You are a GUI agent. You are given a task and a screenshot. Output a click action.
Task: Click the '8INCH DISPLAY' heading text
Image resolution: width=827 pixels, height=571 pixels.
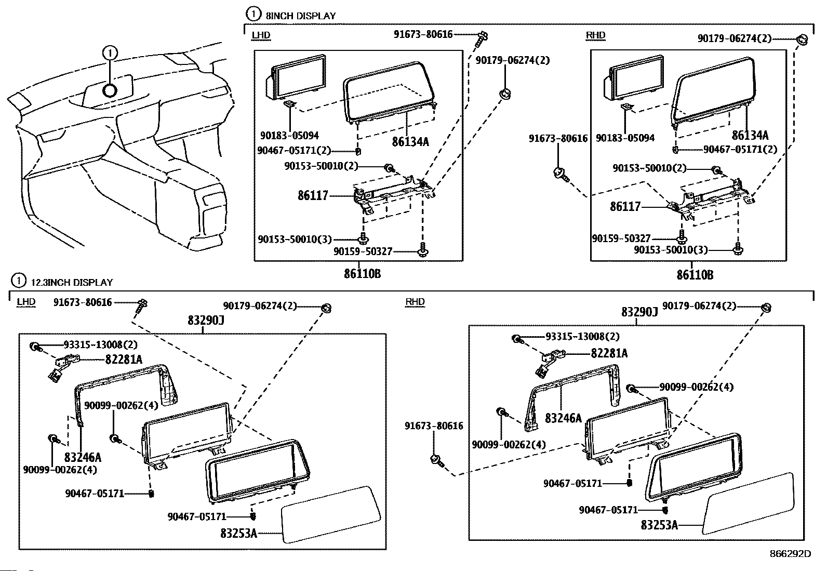(300, 16)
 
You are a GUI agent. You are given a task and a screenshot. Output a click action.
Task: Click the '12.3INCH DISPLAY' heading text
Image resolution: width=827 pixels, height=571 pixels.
(72, 283)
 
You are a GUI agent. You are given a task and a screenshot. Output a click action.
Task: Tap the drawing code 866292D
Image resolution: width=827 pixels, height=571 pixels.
(790, 554)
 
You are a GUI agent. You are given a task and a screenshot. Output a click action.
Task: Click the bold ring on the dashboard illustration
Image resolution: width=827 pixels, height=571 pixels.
(110, 90)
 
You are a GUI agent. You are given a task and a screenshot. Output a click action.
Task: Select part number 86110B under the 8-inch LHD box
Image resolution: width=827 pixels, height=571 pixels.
(362, 273)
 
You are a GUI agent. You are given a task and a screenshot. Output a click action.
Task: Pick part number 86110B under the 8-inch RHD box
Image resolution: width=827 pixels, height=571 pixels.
(695, 275)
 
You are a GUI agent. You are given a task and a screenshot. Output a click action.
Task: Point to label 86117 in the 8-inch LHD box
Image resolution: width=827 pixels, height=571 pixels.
(313, 196)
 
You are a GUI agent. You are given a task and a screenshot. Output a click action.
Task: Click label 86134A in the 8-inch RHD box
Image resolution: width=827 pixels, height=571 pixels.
(750, 136)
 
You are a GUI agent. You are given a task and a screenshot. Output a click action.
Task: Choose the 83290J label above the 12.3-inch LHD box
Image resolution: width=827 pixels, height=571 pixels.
(206, 321)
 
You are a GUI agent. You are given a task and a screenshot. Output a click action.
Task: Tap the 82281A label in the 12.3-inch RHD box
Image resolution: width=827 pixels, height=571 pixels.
(609, 354)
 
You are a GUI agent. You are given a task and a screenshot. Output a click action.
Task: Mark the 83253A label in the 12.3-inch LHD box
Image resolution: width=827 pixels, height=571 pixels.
(238, 533)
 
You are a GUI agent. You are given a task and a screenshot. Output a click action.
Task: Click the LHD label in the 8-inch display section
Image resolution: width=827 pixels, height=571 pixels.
(261, 35)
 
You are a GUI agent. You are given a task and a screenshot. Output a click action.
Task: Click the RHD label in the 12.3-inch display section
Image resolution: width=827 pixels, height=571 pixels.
(415, 302)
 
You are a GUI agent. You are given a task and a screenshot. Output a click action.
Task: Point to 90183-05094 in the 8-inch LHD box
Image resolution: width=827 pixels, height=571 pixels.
(289, 136)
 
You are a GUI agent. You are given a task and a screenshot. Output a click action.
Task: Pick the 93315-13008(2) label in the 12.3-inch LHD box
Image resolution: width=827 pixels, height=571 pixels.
(94, 344)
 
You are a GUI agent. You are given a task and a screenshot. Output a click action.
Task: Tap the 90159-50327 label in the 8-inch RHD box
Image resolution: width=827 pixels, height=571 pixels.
(621, 238)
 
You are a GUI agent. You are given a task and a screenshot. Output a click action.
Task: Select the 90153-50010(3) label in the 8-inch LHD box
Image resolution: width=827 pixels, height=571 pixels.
(295, 240)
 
